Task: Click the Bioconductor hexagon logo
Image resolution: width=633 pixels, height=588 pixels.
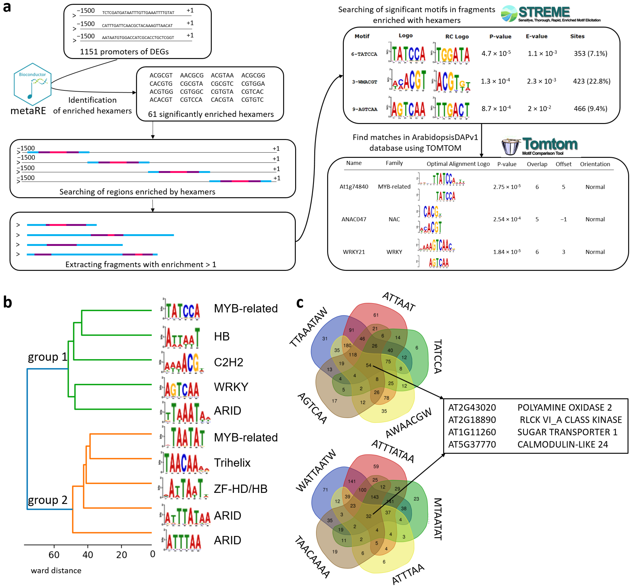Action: (x=32, y=84)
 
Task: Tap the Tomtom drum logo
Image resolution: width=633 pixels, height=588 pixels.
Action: (x=511, y=146)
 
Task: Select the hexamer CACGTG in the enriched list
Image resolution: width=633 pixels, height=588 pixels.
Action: (x=161, y=84)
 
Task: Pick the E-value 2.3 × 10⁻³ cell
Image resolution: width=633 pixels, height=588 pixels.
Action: (x=541, y=81)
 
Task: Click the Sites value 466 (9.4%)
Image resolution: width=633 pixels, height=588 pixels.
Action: (x=590, y=109)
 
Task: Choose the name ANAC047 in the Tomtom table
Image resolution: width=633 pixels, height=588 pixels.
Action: (x=354, y=219)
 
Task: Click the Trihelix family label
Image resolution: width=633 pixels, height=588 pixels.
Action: (x=232, y=463)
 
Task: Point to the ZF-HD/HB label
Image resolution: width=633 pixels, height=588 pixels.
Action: (x=240, y=489)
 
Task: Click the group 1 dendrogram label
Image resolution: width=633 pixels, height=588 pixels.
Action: (x=47, y=357)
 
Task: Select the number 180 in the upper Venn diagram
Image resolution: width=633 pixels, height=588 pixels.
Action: (x=347, y=346)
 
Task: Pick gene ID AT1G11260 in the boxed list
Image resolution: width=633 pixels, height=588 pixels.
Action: (x=472, y=432)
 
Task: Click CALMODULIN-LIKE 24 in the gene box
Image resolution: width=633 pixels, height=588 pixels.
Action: (x=562, y=444)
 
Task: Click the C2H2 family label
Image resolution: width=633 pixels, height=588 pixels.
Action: (x=228, y=362)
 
